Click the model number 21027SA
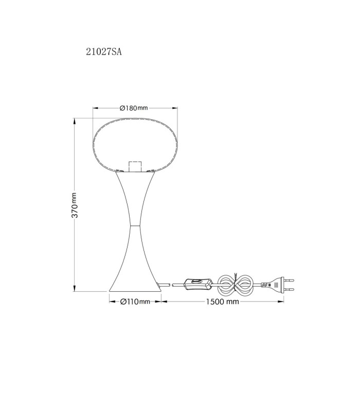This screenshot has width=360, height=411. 104,52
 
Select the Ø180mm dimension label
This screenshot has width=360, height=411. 134,108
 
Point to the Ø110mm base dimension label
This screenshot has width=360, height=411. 135,302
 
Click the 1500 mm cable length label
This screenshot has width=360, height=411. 223,302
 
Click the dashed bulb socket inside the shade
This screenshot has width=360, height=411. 135,166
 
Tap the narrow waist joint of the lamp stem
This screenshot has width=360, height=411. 135,225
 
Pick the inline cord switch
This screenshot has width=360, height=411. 198,284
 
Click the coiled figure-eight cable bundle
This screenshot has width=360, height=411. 236,285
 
